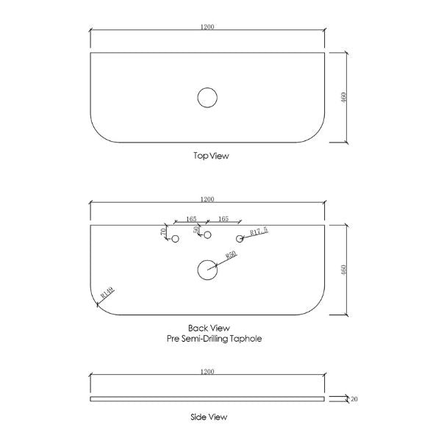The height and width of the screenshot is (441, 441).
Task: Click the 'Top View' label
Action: click(x=207, y=156)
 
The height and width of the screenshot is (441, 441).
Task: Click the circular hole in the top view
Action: click(x=207, y=97)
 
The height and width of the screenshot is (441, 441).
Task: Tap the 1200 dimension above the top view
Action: click(x=207, y=27)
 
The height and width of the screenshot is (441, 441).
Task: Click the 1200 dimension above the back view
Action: click(x=207, y=199)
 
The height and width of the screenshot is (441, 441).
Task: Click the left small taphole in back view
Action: click(x=175, y=239)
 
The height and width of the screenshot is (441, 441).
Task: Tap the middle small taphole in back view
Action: click(x=207, y=235)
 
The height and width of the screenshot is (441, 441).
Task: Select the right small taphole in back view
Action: click(x=240, y=239)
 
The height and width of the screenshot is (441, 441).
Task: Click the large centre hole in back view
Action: click(x=207, y=270)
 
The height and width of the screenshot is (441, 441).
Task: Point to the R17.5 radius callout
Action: click(x=259, y=232)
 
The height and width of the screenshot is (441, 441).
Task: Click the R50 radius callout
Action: click(x=229, y=255)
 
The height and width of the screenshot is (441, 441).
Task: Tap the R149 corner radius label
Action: click(x=107, y=294)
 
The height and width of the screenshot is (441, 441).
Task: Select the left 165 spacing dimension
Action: click(x=191, y=218)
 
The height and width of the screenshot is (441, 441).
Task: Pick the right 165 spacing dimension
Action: click(x=224, y=218)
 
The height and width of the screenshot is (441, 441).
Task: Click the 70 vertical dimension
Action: click(x=163, y=232)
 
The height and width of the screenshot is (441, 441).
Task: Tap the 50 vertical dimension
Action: click(x=196, y=230)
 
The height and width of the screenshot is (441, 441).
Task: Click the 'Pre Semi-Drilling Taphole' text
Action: click(x=214, y=339)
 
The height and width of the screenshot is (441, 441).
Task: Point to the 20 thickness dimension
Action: click(x=354, y=399)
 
